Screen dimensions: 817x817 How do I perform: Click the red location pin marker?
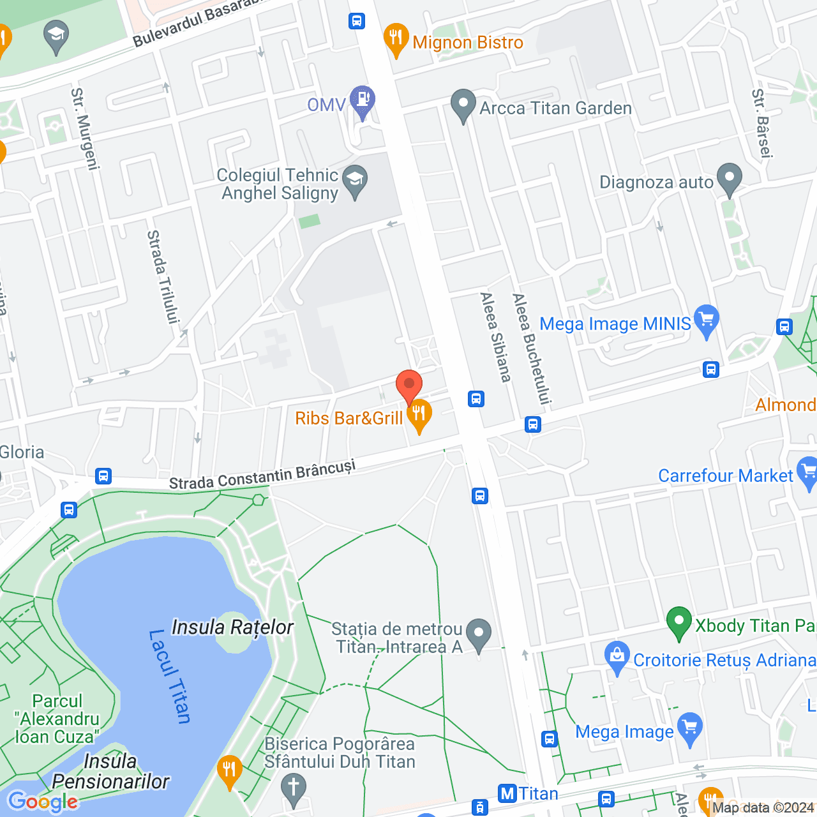[409, 386]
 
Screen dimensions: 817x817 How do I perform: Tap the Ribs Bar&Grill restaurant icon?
[419, 414]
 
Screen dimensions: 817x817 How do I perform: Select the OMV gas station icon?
[363, 100]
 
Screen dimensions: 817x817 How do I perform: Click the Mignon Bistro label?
[467, 43]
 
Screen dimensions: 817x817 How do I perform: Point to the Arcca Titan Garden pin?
[463, 105]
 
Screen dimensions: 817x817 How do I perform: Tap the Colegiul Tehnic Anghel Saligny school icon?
[355, 179]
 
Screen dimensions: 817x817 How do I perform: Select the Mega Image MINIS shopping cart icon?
[706, 320]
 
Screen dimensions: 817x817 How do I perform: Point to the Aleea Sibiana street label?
[496, 337]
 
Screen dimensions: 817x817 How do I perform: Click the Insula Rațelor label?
[232, 627]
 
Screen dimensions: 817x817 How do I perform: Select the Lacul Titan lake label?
[170, 677]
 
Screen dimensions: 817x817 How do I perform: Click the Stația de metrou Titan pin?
[479, 634]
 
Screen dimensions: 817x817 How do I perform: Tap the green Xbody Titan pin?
[679, 621]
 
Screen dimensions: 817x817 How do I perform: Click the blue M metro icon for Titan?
[507, 793]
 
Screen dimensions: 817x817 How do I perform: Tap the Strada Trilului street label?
[163, 277]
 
